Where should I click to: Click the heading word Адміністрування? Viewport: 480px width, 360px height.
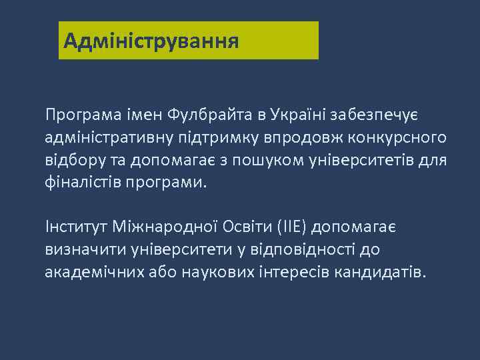pyautogui.click(x=151, y=41)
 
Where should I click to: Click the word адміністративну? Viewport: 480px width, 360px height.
pyautogui.click(x=108, y=138)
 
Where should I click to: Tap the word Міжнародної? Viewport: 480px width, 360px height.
pyautogui.click(x=159, y=227)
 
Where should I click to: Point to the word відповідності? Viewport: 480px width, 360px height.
pyautogui.click(x=302, y=250)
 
